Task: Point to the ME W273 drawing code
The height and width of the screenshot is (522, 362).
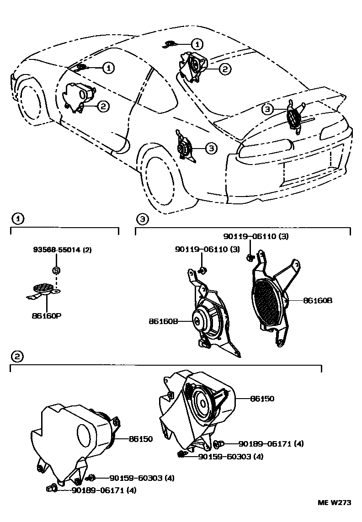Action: [x=334, y=502]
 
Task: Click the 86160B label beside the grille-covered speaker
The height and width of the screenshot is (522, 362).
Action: [x=317, y=300]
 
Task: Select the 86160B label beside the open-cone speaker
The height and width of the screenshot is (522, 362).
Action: [x=162, y=321]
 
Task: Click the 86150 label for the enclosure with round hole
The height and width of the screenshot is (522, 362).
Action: [x=140, y=439]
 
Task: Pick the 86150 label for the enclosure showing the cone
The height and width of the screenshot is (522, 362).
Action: [x=262, y=399]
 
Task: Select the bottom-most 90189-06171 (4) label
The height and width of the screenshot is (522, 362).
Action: [x=103, y=490]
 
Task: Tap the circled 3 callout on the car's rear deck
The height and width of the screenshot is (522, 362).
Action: [x=267, y=109]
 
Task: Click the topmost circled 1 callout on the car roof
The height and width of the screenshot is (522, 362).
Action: [x=197, y=44]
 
